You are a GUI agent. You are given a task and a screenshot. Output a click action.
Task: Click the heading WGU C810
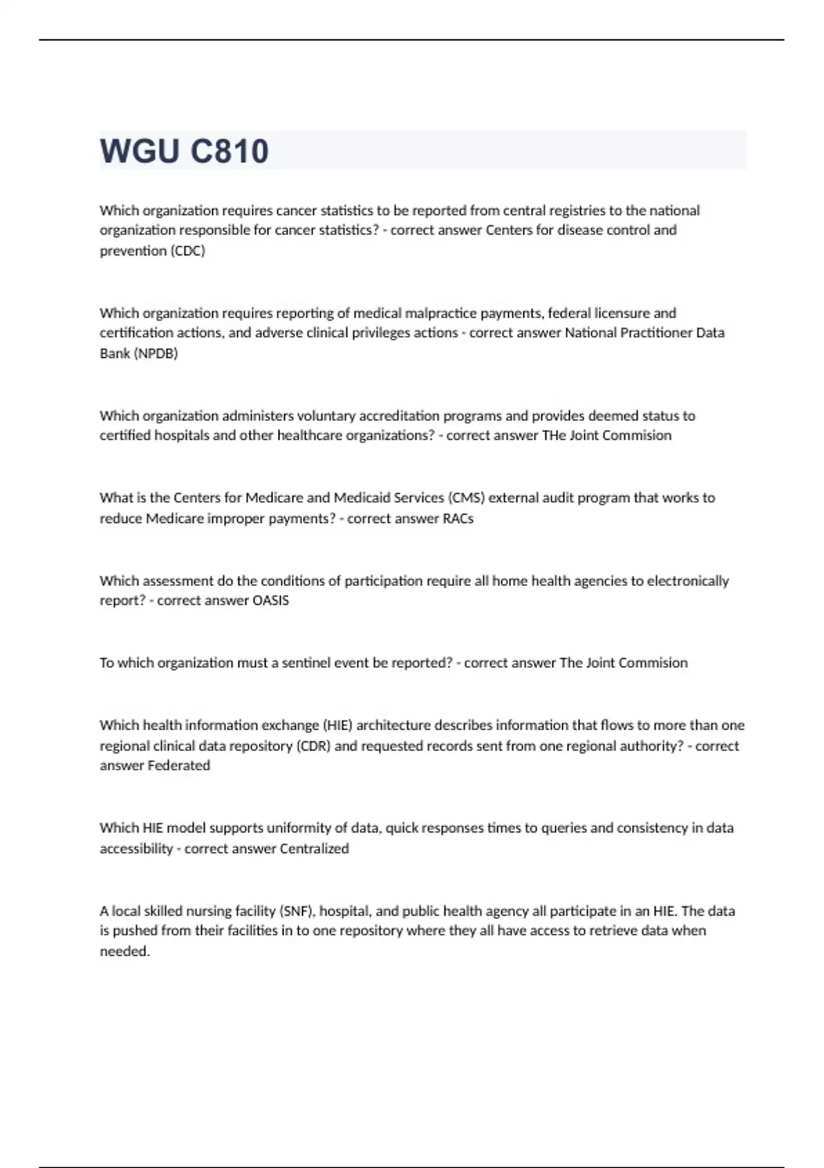pos(184,151)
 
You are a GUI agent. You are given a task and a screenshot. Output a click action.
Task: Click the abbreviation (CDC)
pos(187,251)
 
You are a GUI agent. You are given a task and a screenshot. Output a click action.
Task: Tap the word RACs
pos(458,519)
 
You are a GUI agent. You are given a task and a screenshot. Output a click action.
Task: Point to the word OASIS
pos(271,600)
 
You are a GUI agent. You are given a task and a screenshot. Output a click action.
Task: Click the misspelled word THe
pos(553,436)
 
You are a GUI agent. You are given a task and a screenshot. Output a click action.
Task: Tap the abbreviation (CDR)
pos(313,746)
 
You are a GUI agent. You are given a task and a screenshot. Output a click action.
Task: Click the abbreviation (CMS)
pos(466,497)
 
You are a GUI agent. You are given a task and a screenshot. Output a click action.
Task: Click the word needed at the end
pos(124,952)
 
